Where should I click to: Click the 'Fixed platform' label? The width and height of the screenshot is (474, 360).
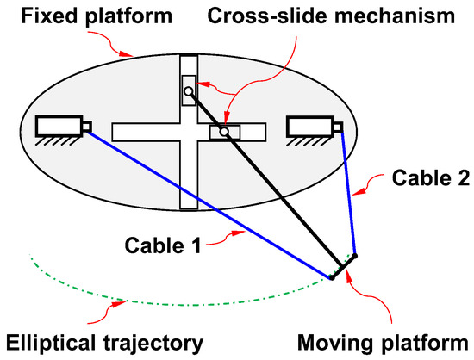pos(87,16)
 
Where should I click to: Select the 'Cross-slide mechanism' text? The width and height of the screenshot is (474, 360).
pos(331,16)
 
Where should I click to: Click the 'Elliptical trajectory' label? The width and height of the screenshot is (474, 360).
pos(103,343)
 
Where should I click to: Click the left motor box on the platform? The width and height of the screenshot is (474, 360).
pos(59,127)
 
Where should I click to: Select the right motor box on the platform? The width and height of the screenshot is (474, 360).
pos(309,127)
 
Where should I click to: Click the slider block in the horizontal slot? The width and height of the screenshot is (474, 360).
pos(225,132)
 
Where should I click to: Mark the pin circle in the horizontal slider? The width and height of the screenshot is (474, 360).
pos(223,132)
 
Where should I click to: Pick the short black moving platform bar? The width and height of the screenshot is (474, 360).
pos(344,266)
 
